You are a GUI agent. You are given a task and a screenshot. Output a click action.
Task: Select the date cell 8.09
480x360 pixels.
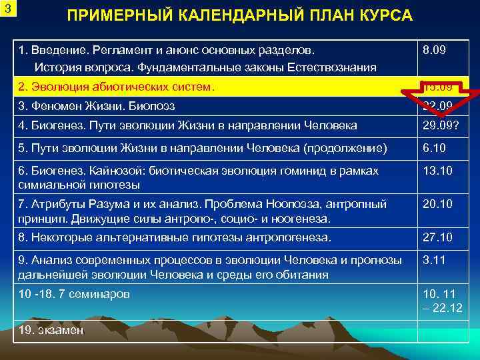[433, 50]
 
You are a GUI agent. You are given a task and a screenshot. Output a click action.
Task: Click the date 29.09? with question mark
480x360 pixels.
[441, 125]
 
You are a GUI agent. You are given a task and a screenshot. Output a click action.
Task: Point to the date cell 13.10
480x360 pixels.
[437, 171]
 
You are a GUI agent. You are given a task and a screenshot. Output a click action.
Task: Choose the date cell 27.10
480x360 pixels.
[437, 237]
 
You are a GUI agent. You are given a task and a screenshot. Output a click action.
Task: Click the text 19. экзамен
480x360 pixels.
[51, 330]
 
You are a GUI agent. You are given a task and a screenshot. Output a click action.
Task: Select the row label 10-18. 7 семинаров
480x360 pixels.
[74, 294]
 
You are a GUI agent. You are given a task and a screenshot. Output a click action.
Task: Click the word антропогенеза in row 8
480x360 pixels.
[298, 237]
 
